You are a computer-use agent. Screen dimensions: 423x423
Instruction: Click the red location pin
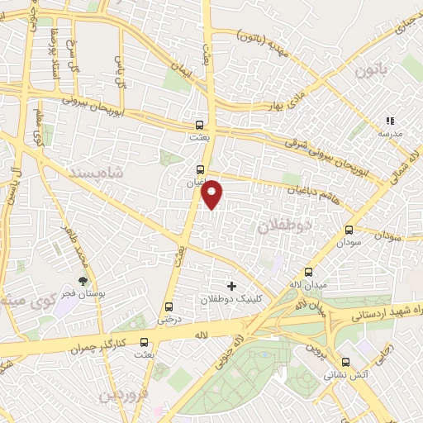click(x=213, y=194)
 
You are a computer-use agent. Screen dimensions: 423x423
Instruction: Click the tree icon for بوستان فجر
click(x=82, y=282)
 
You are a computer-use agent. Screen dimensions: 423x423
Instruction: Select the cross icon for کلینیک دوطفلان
click(x=231, y=287)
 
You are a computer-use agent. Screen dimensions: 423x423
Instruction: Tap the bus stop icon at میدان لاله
click(x=309, y=272)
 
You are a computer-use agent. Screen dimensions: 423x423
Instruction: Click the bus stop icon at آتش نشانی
click(x=345, y=362)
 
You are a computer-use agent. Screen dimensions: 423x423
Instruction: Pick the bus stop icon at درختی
click(x=169, y=306)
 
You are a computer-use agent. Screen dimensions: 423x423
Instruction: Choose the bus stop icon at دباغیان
click(x=189, y=163)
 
